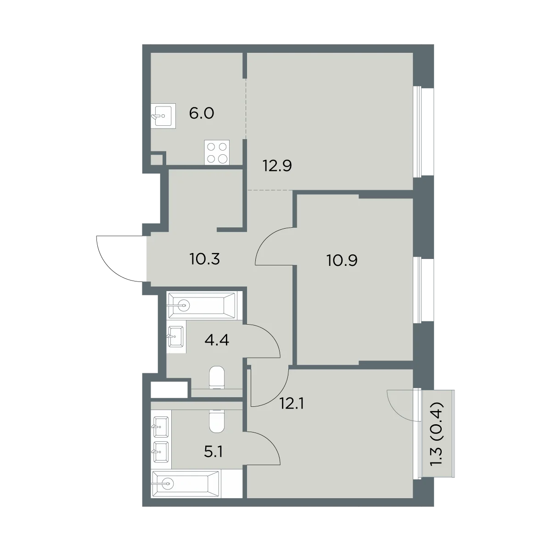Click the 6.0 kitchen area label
pyautogui.click(x=202, y=113)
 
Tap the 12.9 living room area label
pyautogui.click(x=277, y=166)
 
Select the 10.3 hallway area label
pyautogui.click(x=205, y=259)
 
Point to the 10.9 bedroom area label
pyautogui.click(x=342, y=260)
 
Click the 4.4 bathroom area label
pyautogui.click(x=217, y=340)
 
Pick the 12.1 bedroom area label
pyautogui.click(x=292, y=404)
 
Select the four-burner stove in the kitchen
pyautogui.click(x=217, y=152)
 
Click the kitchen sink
pyautogui.click(x=163, y=116)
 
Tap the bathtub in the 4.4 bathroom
pyautogui.click(x=203, y=305)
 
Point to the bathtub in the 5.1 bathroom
pyautogui.click(x=186, y=484)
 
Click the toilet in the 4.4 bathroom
pyautogui.click(x=217, y=378)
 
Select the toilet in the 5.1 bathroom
pyautogui.click(x=217, y=422)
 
